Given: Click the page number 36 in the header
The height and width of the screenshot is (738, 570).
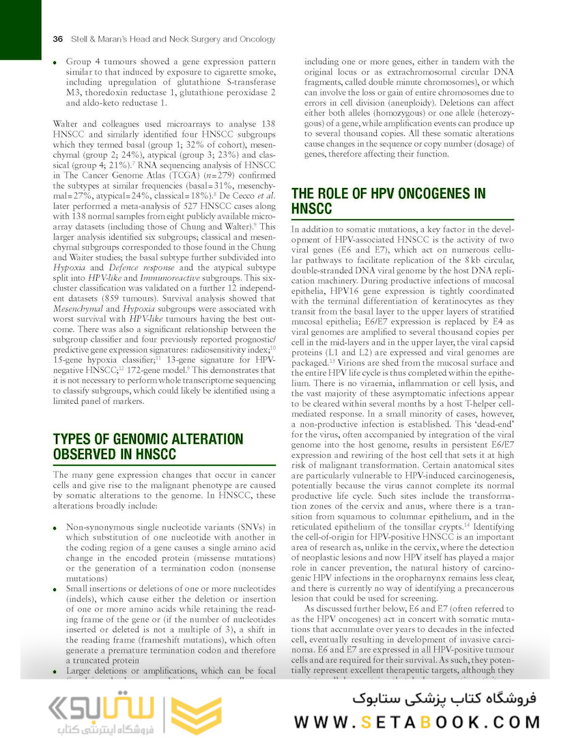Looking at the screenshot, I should [x=58, y=39].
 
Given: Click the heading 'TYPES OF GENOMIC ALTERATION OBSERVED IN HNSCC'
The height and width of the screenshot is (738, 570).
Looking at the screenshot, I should [x=148, y=446].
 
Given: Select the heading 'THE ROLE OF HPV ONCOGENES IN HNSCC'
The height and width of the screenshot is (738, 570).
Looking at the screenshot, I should [x=388, y=200].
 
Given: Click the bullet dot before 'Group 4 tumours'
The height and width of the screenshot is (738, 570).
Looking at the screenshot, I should [x=55, y=62].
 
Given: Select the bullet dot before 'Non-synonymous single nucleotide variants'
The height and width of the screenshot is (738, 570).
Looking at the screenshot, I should [x=55, y=528].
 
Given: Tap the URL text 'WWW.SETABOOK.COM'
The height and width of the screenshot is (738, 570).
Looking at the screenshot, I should [x=417, y=722].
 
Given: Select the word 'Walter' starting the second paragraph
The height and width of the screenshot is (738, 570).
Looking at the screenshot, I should [x=67, y=124].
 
